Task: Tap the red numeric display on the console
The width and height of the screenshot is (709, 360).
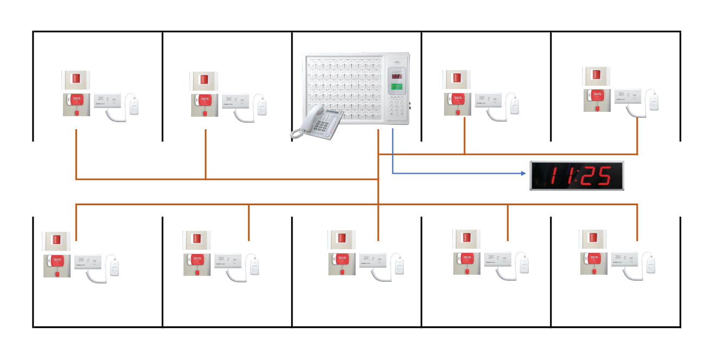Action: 397,77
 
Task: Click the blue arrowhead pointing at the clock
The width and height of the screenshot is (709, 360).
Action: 523,174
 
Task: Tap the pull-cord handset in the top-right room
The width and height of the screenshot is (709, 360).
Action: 654,102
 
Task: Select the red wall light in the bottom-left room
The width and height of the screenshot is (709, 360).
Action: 56,241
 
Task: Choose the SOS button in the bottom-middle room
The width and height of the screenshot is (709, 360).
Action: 342,259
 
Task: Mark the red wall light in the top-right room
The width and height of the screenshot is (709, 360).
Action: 596,75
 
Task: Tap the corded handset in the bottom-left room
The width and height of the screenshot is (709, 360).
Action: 115,267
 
